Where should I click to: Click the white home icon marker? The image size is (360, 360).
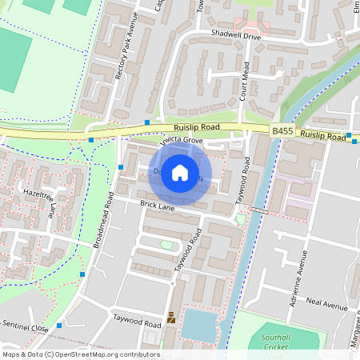[180, 172]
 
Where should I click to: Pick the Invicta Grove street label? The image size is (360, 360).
[182, 141]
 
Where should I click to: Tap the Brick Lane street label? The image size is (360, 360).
[157, 206]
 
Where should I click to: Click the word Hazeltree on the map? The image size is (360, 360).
[38, 194]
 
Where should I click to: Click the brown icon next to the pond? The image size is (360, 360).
[170, 318]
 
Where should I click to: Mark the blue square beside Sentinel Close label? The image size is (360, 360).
[59, 326]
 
